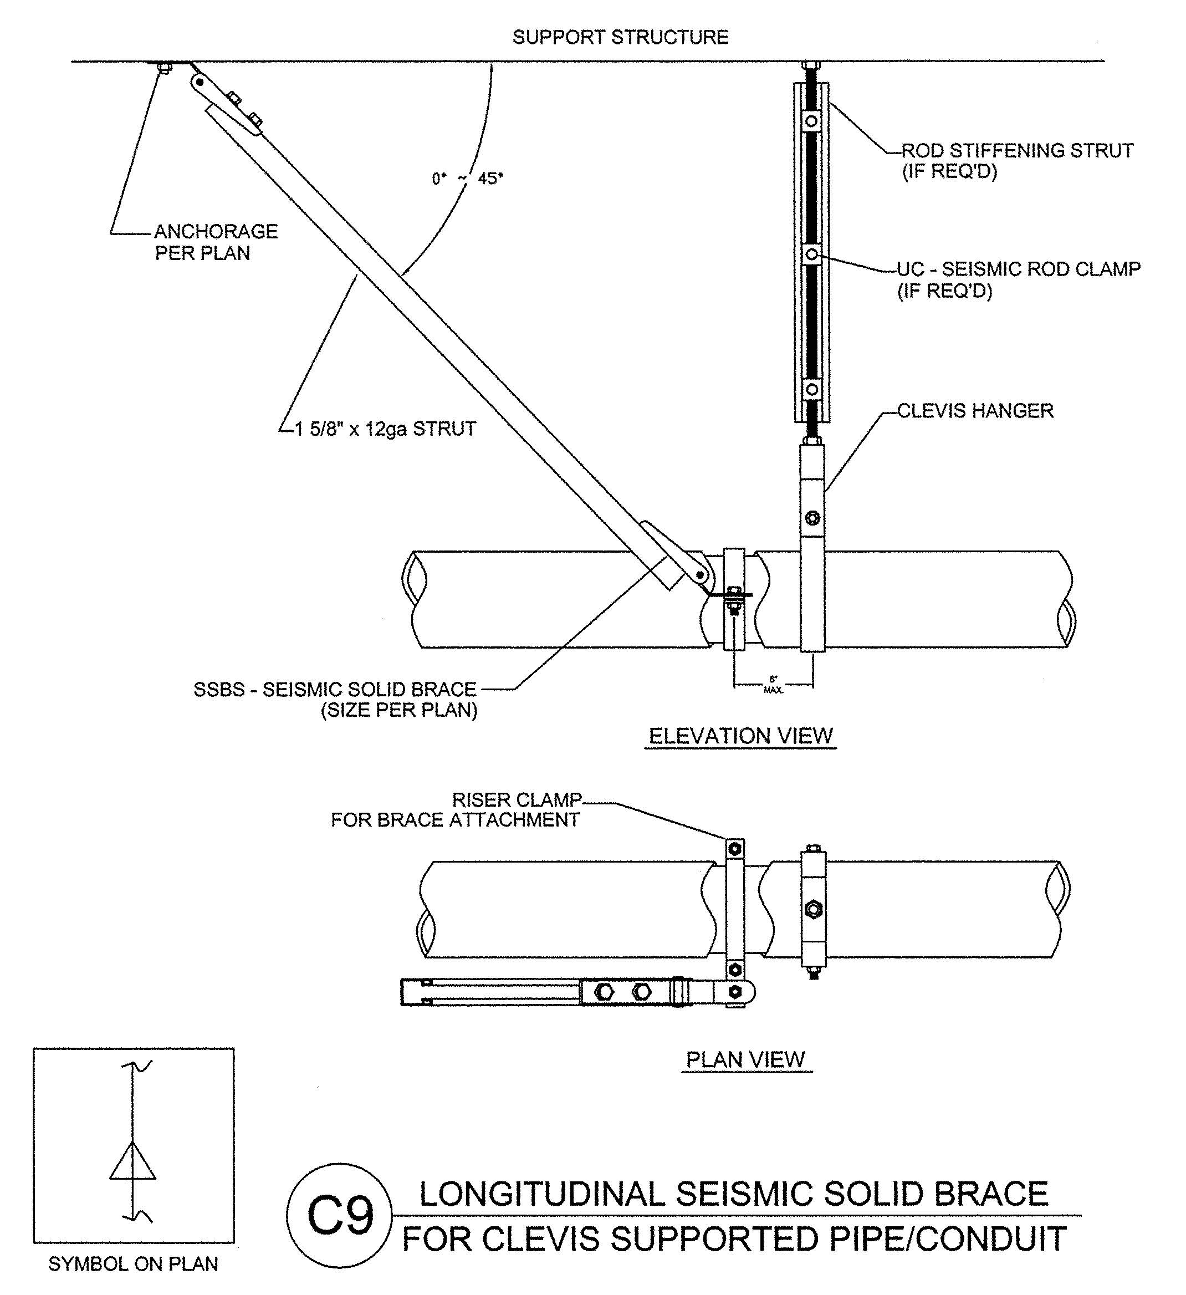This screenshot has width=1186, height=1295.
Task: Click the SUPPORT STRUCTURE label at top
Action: (620, 37)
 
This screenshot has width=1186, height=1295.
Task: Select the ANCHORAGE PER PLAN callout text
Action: (216, 242)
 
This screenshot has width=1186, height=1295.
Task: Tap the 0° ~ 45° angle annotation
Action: (467, 179)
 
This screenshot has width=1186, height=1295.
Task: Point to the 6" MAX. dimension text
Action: (773, 685)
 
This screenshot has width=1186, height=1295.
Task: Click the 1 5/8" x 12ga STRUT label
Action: (385, 429)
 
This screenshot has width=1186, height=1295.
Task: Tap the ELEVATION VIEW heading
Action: (740, 736)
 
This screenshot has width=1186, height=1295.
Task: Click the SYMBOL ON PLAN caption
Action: (133, 1264)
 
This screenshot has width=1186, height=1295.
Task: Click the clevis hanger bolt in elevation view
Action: (812, 518)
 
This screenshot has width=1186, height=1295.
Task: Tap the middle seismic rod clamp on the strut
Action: (812, 254)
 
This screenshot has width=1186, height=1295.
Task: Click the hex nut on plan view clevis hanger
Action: (813, 909)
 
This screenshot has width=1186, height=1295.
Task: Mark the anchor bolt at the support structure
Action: (163, 68)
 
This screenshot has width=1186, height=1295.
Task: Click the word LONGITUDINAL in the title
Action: (541, 1195)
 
